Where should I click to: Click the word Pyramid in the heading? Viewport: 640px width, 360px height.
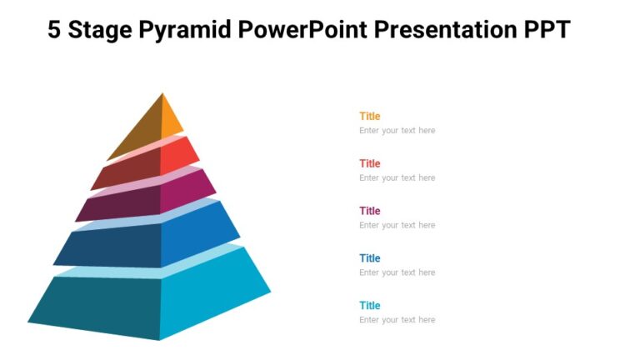tap(187, 31)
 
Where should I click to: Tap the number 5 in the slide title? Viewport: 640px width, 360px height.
tap(54, 30)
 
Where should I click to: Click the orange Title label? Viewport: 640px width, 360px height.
tap(369, 116)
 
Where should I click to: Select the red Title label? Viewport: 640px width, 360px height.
tap(369, 163)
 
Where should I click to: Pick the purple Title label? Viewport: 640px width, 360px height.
tap(369, 211)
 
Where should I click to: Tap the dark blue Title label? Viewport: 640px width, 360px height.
tap(369, 258)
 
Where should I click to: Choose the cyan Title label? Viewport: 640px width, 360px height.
tap(369, 306)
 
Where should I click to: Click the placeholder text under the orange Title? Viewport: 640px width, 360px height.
tap(397, 131)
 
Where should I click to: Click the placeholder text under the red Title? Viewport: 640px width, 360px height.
tap(397, 178)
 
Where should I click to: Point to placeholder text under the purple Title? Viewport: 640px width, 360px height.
tap(397, 226)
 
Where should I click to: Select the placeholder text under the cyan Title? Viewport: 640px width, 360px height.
tap(397, 320)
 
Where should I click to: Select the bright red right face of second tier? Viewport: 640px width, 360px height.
tap(177, 156)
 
